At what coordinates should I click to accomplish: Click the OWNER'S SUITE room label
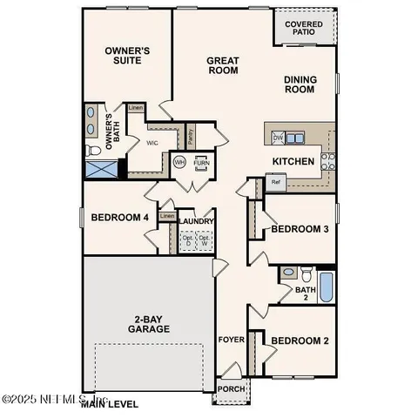[128, 57]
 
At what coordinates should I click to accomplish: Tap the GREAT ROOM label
[223, 66]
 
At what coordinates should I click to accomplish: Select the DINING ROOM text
[300, 84]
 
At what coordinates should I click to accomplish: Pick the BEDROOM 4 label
[120, 217]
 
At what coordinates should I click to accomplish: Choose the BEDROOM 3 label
[300, 229]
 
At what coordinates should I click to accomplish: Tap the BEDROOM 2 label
[300, 340]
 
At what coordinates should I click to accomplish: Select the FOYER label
[230, 341]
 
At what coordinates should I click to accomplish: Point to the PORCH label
[230, 389]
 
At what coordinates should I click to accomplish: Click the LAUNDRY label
[198, 221]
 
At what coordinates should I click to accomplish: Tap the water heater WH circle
[180, 162]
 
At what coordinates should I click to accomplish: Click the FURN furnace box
[202, 163]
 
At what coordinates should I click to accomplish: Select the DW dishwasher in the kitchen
[278, 138]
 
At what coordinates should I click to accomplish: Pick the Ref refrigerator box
[275, 183]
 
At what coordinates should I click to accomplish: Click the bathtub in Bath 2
[326, 288]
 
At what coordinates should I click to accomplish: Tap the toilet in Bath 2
[289, 273]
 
